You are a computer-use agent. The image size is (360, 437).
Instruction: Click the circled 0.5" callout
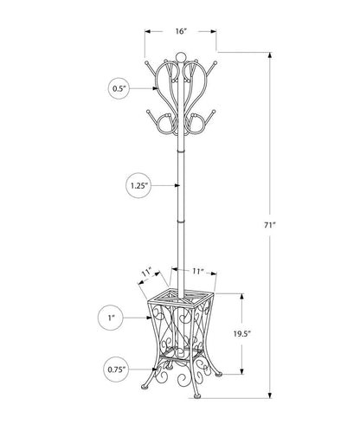click(x=119, y=87)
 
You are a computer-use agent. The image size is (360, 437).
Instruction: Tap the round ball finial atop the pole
click(x=180, y=59)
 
